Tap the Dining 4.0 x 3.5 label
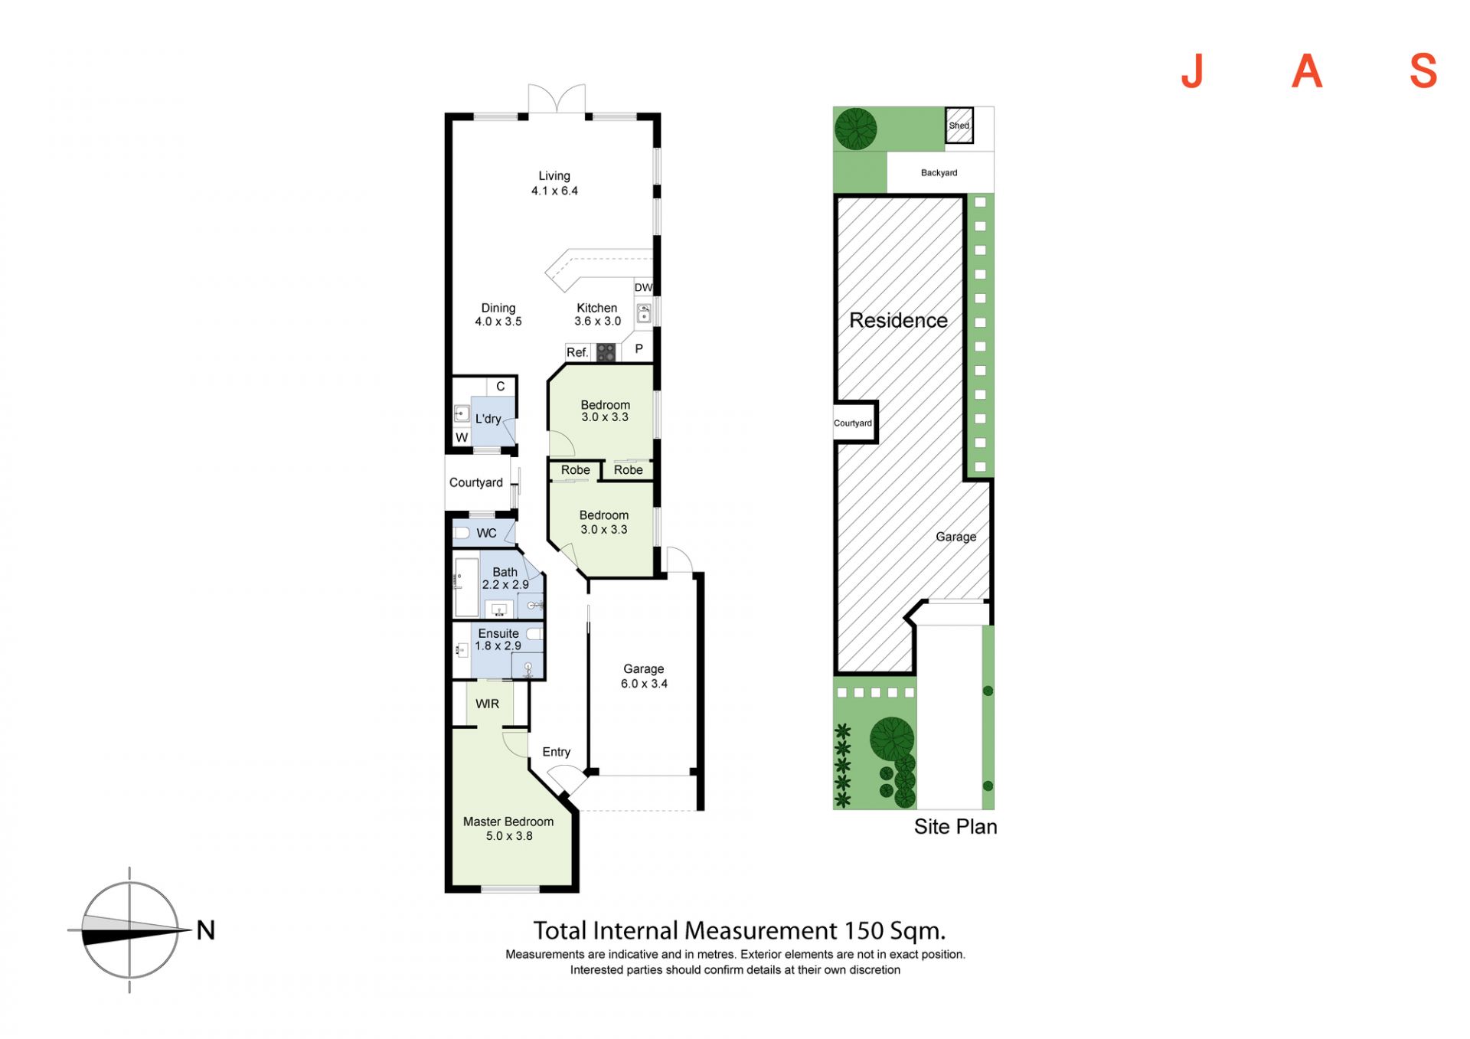(x=498, y=315)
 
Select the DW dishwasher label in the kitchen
(x=643, y=288)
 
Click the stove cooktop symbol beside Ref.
(x=606, y=352)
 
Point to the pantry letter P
(x=639, y=349)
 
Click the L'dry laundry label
(x=488, y=419)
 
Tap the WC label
(x=486, y=533)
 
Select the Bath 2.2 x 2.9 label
(x=505, y=578)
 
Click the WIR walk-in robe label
(x=487, y=704)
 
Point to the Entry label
(x=557, y=752)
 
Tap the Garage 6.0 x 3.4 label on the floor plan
(x=644, y=676)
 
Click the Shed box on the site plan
(x=959, y=126)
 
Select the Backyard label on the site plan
(x=939, y=173)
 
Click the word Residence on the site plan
(x=899, y=320)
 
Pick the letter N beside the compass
(x=206, y=930)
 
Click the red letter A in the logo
(x=1307, y=72)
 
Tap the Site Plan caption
(x=955, y=827)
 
